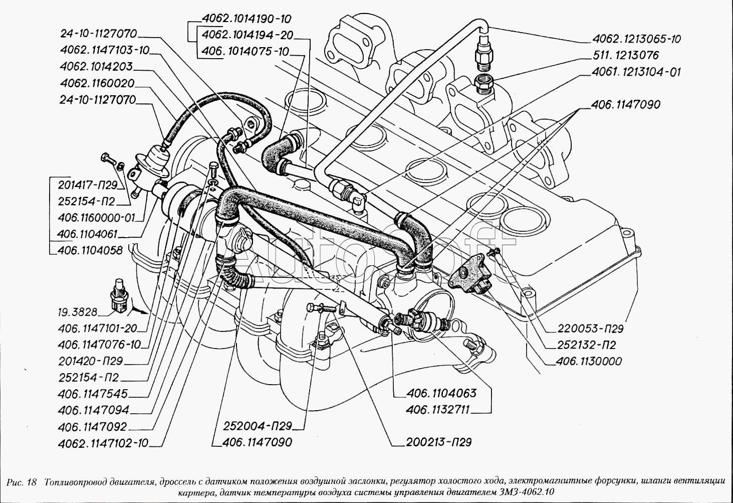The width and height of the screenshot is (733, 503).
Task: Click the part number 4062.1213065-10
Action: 636,39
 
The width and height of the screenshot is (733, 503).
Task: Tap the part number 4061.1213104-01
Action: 636,72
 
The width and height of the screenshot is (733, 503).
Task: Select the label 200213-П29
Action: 438,442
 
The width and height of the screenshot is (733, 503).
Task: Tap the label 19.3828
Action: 77,312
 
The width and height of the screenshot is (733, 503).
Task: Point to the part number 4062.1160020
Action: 97,83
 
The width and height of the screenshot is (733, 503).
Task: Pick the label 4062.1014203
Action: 96,67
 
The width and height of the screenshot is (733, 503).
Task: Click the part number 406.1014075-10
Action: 246,51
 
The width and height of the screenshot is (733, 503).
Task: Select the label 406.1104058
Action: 90,250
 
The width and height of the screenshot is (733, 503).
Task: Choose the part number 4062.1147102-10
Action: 103,443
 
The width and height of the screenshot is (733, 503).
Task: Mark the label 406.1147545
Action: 93,394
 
